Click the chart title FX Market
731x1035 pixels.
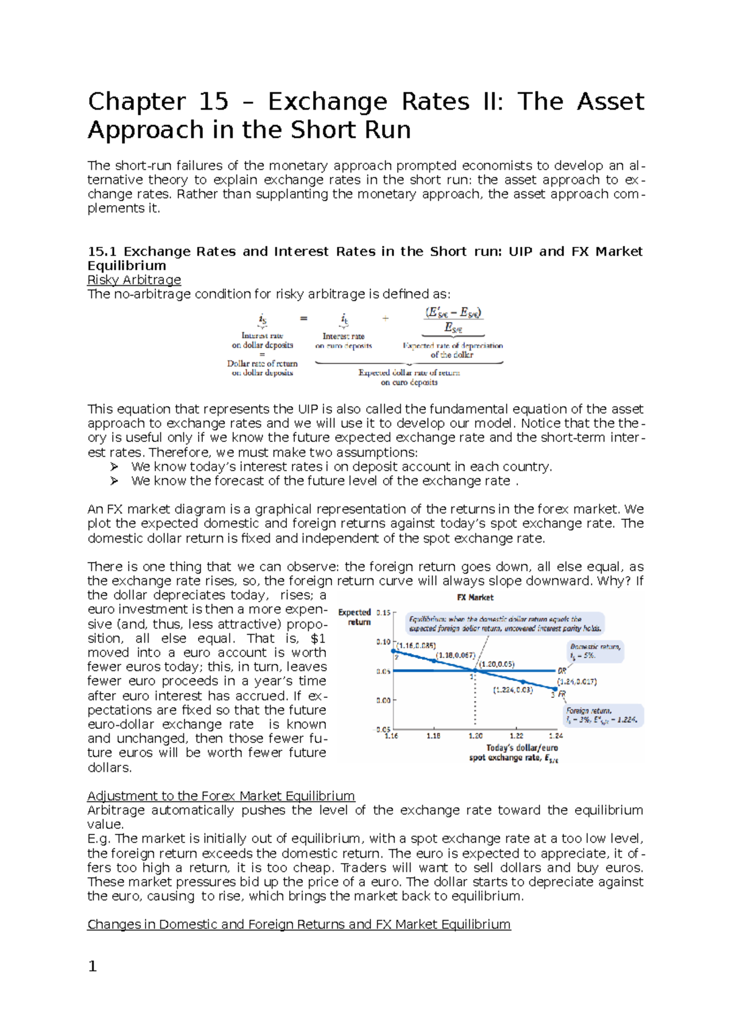(x=475, y=597)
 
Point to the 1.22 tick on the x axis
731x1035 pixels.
(x=516, y=736)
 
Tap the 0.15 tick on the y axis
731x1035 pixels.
(x=383, y=613)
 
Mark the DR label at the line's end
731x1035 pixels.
(x=562, y=670)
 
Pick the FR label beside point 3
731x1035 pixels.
(x=562, y=694)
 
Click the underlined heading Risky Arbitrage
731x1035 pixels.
(x=134, y=280)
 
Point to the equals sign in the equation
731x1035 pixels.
(x=303, y=318)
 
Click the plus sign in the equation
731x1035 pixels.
(x=385, y=318)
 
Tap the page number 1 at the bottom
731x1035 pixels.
(x=93, y=966)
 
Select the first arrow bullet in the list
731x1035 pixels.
(x=114, y=467)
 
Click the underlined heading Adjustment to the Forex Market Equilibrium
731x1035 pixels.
(x=221, y=796)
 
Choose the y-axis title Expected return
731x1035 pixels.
(x=355, y=617)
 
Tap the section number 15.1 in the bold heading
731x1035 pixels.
(x=102, y=252)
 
